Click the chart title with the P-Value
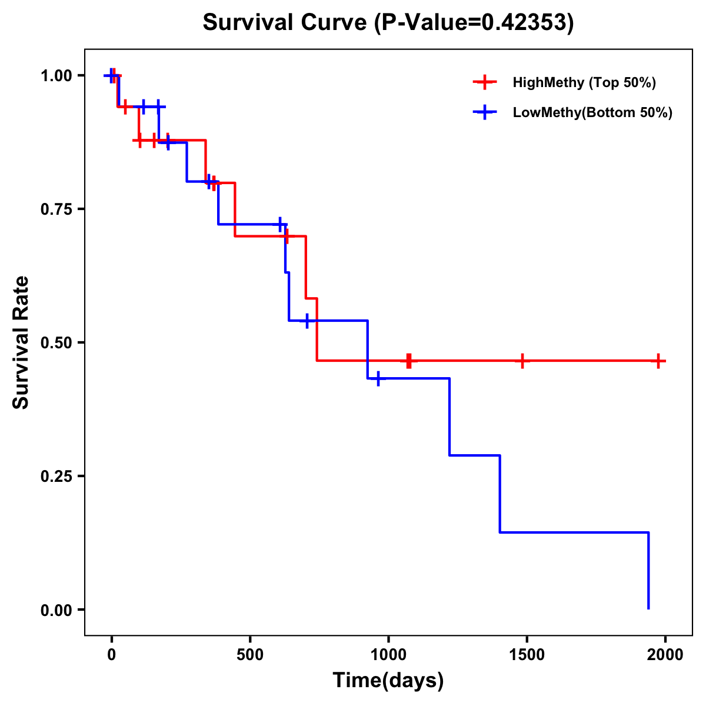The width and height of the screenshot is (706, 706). pos(388,22)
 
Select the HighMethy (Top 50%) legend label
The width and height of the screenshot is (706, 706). pos(584,82)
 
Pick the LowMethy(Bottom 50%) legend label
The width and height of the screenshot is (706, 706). pos(592,112)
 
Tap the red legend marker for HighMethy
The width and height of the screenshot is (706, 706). pos(485,82)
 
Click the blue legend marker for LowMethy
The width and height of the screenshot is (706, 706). pos(485,112)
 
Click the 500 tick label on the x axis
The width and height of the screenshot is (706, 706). pos(250,655)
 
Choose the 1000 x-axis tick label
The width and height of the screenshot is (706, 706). pos(388,655)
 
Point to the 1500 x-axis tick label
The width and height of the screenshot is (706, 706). pos(527,655)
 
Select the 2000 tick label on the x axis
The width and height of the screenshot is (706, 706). pos(665,655)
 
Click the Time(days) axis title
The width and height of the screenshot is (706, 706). pos(388,680)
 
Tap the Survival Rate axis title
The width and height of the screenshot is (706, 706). pos(21,342)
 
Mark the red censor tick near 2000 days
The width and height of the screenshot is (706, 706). pos(658,361)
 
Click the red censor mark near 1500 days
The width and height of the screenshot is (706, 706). pos(522,361)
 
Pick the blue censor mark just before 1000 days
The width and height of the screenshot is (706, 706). pos(378,378)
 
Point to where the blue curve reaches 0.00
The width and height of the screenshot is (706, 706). pos(648,608)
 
